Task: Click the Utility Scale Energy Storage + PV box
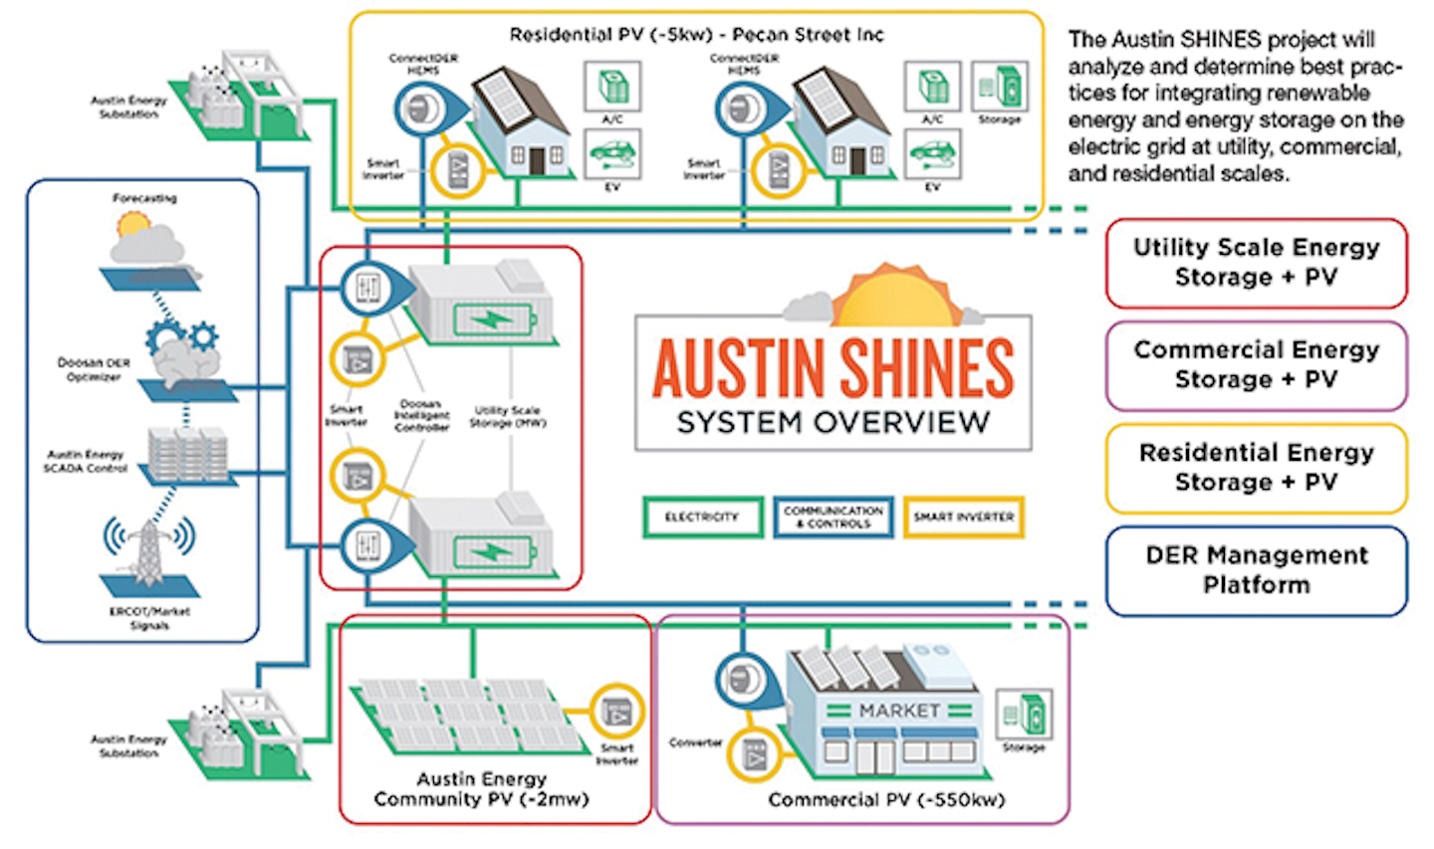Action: (1256, 263)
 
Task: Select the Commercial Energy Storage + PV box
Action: (1256, 365)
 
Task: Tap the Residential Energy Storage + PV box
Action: (1256, 468)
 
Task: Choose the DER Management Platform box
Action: (1256, 570)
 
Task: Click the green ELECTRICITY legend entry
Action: (702, 518)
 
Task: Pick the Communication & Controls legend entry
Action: (833, 518)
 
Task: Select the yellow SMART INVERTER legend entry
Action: (963, 518)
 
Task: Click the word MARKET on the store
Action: (899, 711)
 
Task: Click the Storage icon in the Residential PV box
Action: (999, 88)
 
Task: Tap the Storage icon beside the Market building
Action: (1024, 714)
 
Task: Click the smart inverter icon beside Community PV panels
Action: (616, 712)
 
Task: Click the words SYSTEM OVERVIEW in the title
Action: (833, 422)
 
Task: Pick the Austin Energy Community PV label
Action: (482, 789)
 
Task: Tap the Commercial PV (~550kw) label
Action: (886, 800)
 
